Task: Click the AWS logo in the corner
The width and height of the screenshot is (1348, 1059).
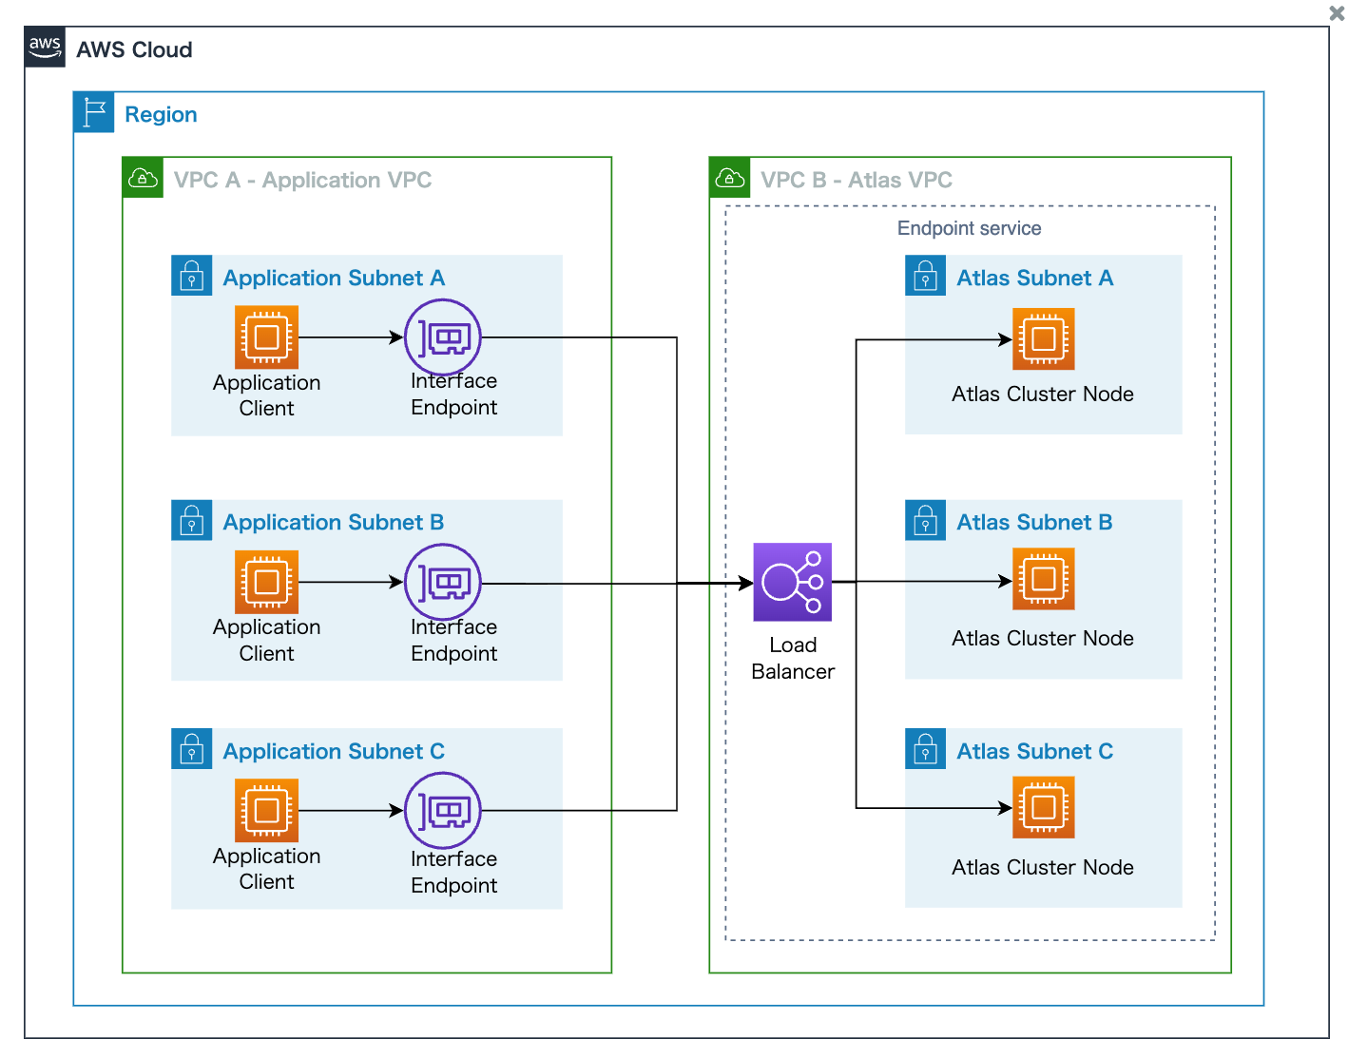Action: tap(45, 47)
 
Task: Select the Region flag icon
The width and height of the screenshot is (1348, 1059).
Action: tap(93, 113)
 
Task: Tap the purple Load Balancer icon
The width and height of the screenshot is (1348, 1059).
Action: tap(792, 582)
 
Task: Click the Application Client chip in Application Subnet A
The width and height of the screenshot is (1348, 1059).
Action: tap(266, 337)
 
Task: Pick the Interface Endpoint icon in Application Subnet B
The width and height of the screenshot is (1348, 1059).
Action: tap(443, 582)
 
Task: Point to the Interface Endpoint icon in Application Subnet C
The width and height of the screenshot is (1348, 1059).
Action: tap(443, 810)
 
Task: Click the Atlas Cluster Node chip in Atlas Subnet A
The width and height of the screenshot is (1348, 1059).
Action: tap(1043, 338)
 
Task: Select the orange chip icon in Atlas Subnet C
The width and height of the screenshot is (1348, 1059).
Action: tap(1043, 807)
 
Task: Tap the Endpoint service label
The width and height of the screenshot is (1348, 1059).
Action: tap(969, 228)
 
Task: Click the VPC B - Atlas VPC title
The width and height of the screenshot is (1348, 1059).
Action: tap(856, 180)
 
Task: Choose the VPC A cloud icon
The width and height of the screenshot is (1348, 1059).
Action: tap(143, 178)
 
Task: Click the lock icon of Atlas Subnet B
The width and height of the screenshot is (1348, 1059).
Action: tap(925, 521)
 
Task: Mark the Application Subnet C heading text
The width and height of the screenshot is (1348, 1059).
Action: tap(333, 751)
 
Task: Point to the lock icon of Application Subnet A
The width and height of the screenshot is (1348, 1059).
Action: tap(191, 276)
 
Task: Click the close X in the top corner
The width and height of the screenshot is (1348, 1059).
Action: tap(1336, 13)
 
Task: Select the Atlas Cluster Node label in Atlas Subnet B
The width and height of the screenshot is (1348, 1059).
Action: tap(1042, 638)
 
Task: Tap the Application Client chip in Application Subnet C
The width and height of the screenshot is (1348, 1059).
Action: tap(266, 810)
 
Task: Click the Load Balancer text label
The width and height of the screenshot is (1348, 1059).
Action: tap(792, 658)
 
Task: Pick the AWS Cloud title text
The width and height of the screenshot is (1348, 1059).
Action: tap(134, 49)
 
